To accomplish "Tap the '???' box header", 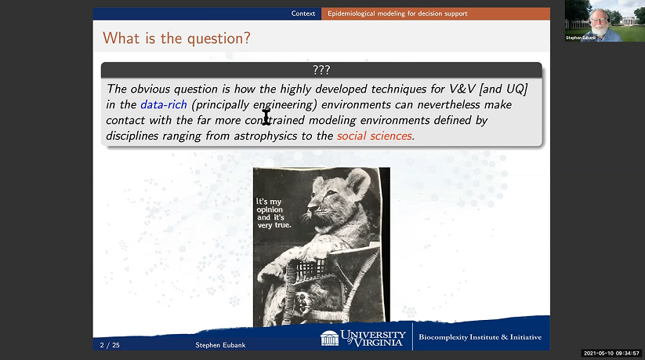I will [x=321, y=70].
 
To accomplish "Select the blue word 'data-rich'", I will [x=164, y=104].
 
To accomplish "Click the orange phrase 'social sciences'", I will [x=375, y=136].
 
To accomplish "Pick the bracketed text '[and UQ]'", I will [x=504, y=88].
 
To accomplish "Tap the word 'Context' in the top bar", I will [x=303, y=13].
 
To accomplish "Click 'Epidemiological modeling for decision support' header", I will [x=396, y=13].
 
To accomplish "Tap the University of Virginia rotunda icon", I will [x=330, y=338].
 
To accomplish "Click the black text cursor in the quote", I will [x=266, y=118].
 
